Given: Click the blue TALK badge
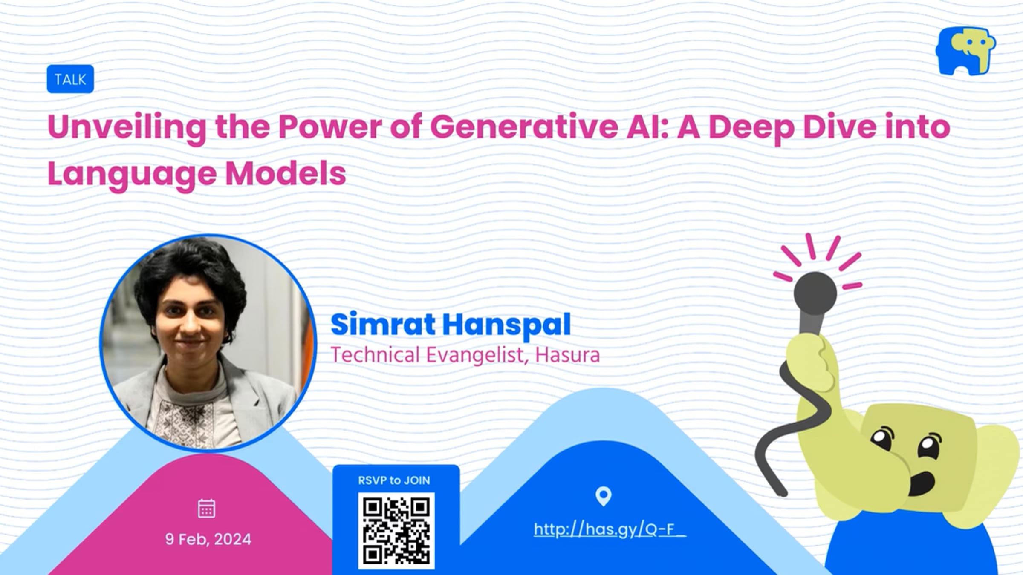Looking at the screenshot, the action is point(70,79).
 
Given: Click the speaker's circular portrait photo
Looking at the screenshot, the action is point(208,342).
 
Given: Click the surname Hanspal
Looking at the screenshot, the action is point(506,326).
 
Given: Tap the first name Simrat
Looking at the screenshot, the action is point(383,325).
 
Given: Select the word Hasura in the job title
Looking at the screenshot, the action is point(567,355).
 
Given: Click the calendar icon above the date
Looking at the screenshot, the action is point(207,509).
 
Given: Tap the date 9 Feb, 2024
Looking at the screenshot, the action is point(208,540).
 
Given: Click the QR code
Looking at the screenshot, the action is point(396,531).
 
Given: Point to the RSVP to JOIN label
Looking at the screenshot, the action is point(394,480).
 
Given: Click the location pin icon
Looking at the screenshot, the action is point(603,496).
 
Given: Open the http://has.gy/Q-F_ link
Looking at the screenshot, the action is point(610,529).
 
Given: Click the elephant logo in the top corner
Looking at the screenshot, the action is point(965,52).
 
